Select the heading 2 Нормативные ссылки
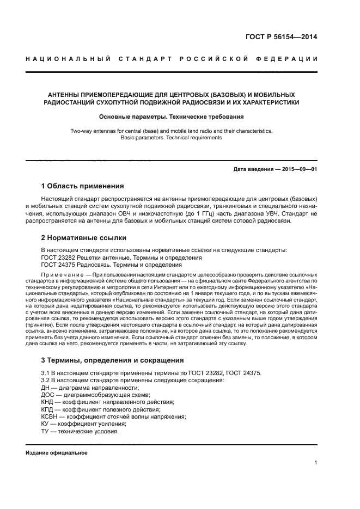pyautogui.click(x=84, y=238)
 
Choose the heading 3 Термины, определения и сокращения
pyautogui.click(x=113, y=360)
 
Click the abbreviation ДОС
pyautogui.click(x=48, y=395)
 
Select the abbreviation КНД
pyautogui.click(x=48, y=402)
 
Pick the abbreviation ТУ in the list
pyautogui.click(x=45, y=431)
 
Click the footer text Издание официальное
pyautogui.click(x=57, y=453)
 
